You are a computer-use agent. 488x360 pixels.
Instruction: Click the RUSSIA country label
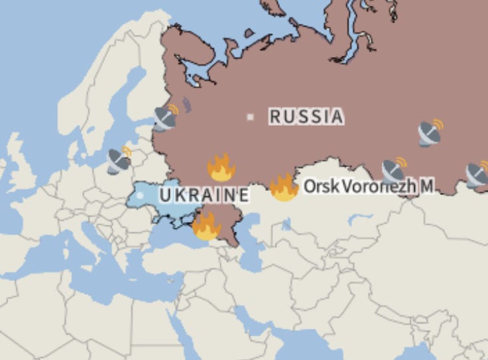tap(306, 117)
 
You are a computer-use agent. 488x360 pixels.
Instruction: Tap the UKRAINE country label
tap(204, 195)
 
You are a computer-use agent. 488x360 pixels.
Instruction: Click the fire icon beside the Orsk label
tap(284, 188)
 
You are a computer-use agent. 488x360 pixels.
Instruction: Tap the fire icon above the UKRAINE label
tap(221, 168)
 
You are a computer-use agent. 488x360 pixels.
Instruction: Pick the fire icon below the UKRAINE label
tap(206, 227)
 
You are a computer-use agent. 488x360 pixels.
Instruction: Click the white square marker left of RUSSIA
tap(250, 117)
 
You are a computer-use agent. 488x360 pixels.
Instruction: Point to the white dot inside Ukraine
tap(140, 195)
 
